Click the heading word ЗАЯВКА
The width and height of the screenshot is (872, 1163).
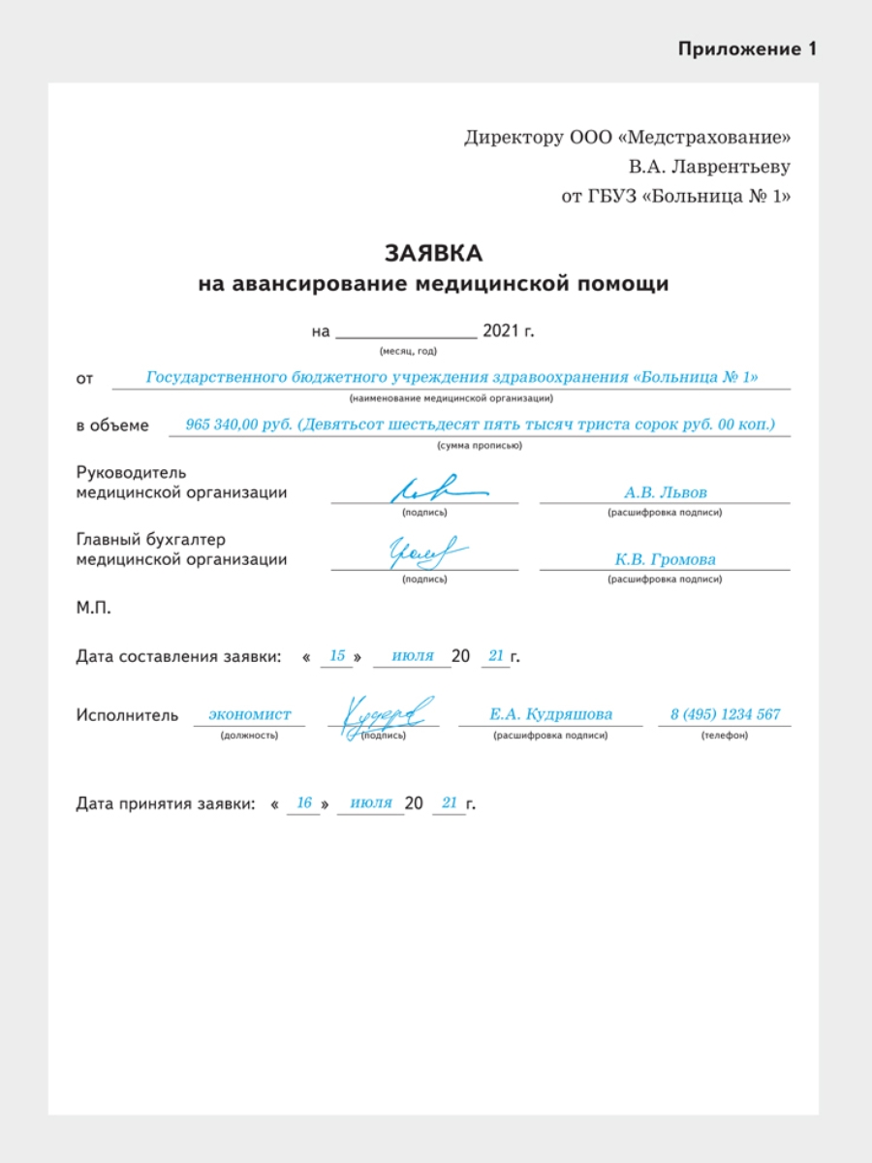coord(433,254)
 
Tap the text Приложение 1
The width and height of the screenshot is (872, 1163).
coord(747,49)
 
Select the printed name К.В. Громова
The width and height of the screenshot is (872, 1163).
coord(665,559)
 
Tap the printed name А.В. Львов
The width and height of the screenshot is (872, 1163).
coord(665,492)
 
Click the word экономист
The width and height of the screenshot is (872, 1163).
coord(250,714)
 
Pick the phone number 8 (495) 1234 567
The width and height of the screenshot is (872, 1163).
coord(725,714)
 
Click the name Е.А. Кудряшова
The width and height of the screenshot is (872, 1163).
coord(550,714)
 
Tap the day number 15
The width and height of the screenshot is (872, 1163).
coord(337,656)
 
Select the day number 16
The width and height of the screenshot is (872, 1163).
coord(304,802)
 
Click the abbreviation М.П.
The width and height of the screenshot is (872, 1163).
coord(94,609)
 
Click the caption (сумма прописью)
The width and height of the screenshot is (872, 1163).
coord(480,446)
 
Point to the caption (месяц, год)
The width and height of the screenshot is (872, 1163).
coord(408,351)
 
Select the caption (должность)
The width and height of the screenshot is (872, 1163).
coord(249,736)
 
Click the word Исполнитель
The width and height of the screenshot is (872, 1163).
coord(127,715)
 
